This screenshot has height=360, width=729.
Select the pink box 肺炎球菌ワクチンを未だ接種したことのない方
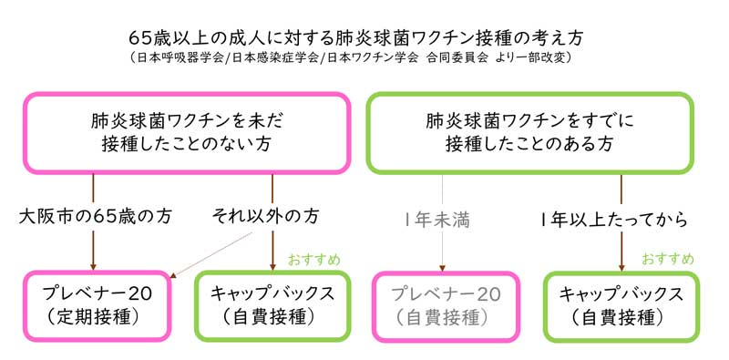click(188, 132)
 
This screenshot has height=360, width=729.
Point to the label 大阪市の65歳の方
click(95, 218)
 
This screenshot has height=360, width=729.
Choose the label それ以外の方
click(266, 218)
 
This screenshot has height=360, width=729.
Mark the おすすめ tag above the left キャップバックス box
click(315, 260)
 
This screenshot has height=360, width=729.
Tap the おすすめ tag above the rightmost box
click(668, 260)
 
